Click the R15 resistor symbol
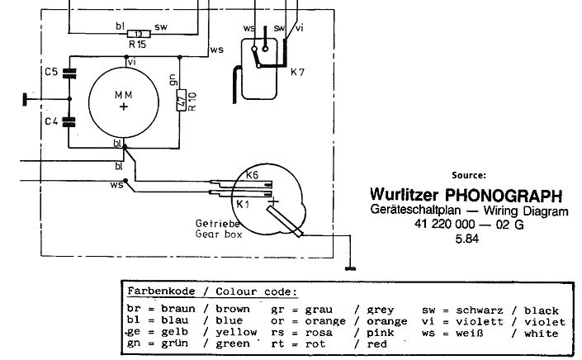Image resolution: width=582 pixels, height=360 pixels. click(x=139, y=34)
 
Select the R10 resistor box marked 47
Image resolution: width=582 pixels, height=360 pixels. click(x=181, y=100)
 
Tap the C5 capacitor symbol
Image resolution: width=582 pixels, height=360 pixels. click(x=69, y=73)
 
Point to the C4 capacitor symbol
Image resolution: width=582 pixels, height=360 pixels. click(x=69, y=122)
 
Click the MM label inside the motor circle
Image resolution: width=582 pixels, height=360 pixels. click(x=124, y=96)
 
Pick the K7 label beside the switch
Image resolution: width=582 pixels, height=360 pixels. click(x=297, y=73)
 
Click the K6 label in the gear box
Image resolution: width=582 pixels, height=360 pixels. click(x=252, y=175)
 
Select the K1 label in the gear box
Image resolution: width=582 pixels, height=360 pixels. click(x=243, y=204)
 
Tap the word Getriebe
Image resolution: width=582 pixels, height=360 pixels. click(x=217, y=224)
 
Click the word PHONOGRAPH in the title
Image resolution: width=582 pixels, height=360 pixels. click(x=504, y=195)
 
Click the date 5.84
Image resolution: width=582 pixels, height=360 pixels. click(x=467, y=239)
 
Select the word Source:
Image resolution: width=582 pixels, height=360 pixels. click(x=469, y=175)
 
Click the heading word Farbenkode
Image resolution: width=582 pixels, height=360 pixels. click(x=161, y=291)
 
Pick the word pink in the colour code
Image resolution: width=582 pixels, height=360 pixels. click(x=381, y=333)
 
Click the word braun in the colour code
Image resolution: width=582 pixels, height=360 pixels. click(x=178, y=309)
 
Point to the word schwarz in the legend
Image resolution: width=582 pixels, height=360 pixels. click(x=480, y=310)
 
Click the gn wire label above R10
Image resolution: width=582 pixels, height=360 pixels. click(x=173, y=80)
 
